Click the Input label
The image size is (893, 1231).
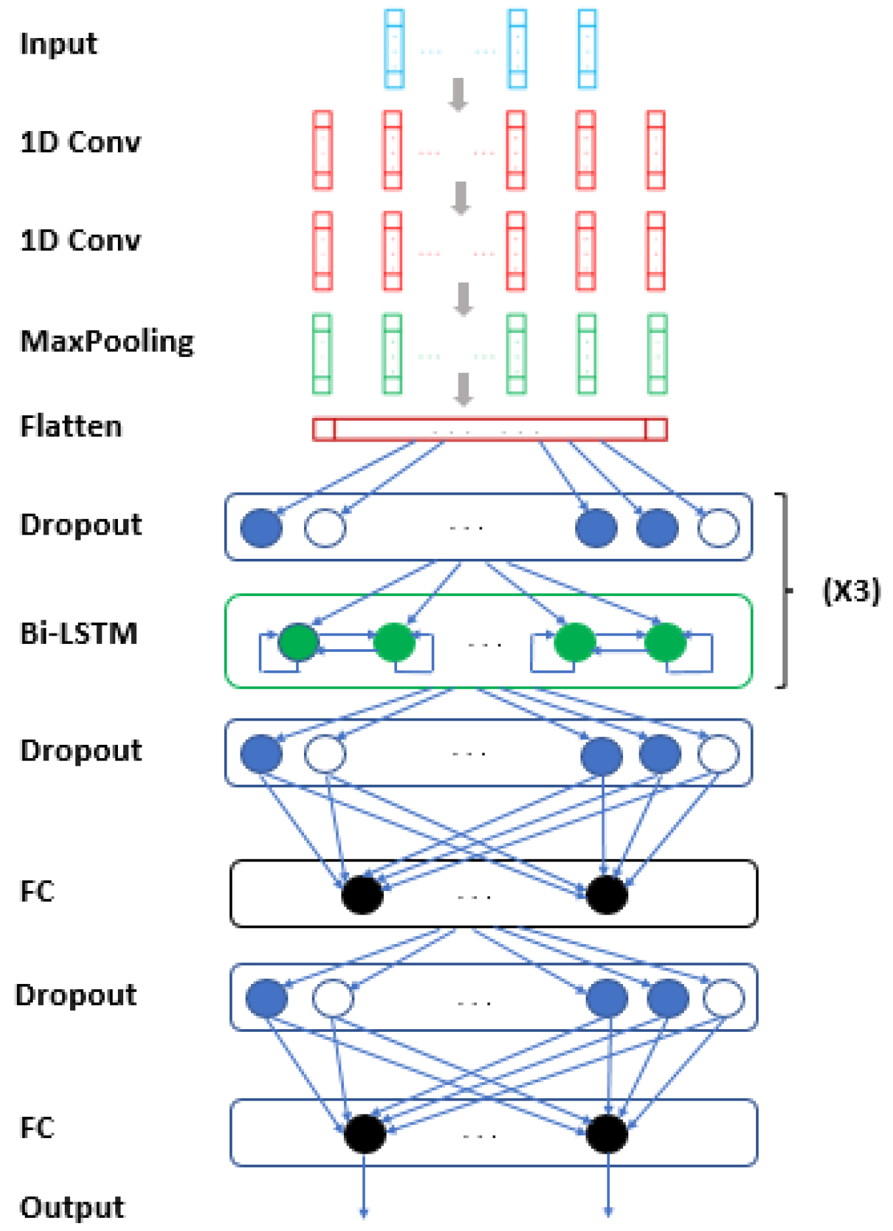coord(58,45)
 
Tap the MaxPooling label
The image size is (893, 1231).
coord(107,342)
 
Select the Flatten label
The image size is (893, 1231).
coord(71,426)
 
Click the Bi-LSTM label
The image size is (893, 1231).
coord(79,634)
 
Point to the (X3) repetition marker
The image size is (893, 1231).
coord(850,591)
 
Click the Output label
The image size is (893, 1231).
coord(71,1207)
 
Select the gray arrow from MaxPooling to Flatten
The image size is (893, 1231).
coord(464,389)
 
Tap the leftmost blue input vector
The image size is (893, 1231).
coord(394,49)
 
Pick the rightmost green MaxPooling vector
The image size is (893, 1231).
coord(657,354)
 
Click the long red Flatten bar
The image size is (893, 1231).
coord(489,429)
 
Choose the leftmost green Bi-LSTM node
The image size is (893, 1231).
coord(299,642)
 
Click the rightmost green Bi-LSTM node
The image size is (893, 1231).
coord(665,642)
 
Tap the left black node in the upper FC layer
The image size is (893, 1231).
coord(362,894)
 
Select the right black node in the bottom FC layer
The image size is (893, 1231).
coord(607,1133)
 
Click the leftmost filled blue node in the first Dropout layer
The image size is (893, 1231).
coord(261,527)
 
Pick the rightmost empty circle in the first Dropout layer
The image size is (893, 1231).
coord(718,527)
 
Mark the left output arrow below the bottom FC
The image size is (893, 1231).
coord(364,1186)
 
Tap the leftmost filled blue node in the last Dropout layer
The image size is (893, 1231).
coord(267,998)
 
